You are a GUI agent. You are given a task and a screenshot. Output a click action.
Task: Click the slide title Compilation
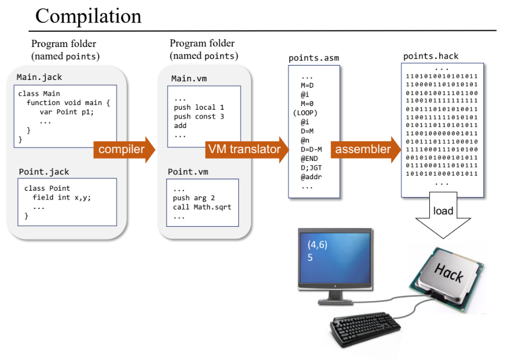(88, 16)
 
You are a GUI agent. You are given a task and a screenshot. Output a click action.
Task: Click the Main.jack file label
(39, 77)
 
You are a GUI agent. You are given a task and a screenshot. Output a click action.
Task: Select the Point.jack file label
(44, 172)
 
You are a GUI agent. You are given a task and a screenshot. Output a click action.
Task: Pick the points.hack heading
(431, 56)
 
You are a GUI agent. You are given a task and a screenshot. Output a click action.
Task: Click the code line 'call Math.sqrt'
(202, 207)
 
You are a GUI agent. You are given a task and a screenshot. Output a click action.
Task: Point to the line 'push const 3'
(199, 117)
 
